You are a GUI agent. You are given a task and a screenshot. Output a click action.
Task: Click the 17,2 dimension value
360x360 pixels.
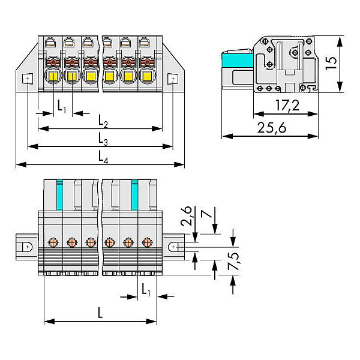[x=287, y=106]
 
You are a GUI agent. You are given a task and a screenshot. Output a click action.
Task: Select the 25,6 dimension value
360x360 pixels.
[x=272, y=128]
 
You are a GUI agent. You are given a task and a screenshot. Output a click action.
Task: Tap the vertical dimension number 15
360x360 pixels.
[x=331, y=63]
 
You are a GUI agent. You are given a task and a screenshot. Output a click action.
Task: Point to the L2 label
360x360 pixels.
[x=103, y=121]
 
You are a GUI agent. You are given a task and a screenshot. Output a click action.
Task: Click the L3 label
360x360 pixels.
[x=103, y=139]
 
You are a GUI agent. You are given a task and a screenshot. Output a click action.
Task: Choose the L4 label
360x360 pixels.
[x=103, y=157]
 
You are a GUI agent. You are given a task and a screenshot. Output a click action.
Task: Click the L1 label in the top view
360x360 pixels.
[x=62, y=106]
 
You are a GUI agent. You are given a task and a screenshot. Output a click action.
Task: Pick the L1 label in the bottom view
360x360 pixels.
[x=146, y=290]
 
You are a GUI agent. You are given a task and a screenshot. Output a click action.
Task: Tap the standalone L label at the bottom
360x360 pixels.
[x=100, y=313]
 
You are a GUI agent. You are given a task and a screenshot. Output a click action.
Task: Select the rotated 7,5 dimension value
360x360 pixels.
[x=233, y=261]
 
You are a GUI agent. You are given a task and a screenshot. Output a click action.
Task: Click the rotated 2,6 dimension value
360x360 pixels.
[x=186, y=216]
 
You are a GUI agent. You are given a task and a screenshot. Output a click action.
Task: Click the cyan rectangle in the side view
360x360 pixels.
[x=238, y=61]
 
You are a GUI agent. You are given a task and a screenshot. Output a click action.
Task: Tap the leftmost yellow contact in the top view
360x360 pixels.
[x=53, y=76]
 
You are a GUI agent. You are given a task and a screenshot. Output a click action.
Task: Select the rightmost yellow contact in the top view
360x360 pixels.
[x=147, y=76]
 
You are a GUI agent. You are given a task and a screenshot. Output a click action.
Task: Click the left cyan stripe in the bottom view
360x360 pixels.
[x=59, y=194]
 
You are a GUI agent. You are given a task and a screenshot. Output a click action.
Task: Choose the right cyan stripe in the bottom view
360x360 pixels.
[x=135, y=194]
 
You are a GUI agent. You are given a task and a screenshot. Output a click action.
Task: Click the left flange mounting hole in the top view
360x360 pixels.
[x=28, y=79]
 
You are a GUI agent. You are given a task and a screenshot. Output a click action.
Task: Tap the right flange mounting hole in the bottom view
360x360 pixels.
[x=173, y=247]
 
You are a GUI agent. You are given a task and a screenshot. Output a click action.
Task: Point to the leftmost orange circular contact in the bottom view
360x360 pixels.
[x=53, y=242]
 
